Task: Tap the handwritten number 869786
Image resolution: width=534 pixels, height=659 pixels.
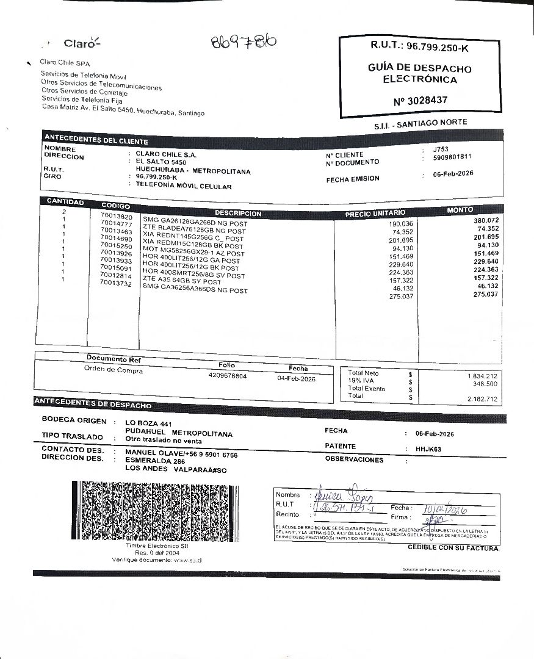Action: (x=244, y=41)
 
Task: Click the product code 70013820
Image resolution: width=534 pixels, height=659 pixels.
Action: (x=116, y=217)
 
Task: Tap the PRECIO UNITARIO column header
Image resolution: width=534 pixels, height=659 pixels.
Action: (x=375, y=213)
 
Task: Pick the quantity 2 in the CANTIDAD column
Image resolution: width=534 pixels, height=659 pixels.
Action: (x=63, y=211)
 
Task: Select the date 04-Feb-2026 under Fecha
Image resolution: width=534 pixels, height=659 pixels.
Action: (x=296, y=379)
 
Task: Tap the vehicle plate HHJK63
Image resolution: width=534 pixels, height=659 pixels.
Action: (x=428, y=449)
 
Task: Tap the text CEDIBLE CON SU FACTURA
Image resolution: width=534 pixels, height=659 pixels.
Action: (x=453, y=548)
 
